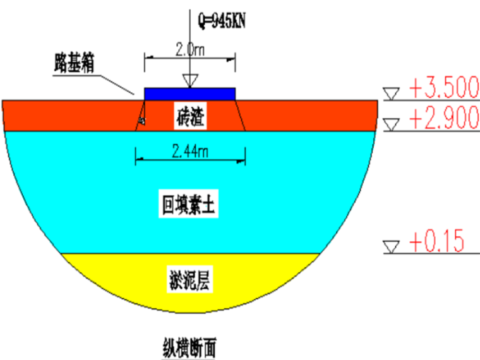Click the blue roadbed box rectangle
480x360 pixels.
[x=189, y=94]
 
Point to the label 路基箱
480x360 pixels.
[x=74, y=65]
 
